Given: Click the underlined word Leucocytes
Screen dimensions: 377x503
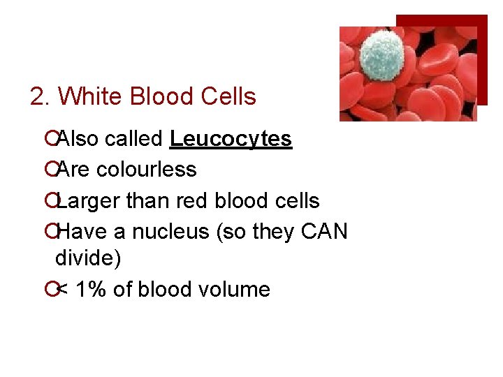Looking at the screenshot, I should coord(231,139).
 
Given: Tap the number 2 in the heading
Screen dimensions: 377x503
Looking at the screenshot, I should coord(38,96).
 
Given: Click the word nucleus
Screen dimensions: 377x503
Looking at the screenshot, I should coord(170,232).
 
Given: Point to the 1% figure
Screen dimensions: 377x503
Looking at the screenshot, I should coord(89,289).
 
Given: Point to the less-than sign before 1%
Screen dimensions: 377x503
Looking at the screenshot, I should coord(62,289).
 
